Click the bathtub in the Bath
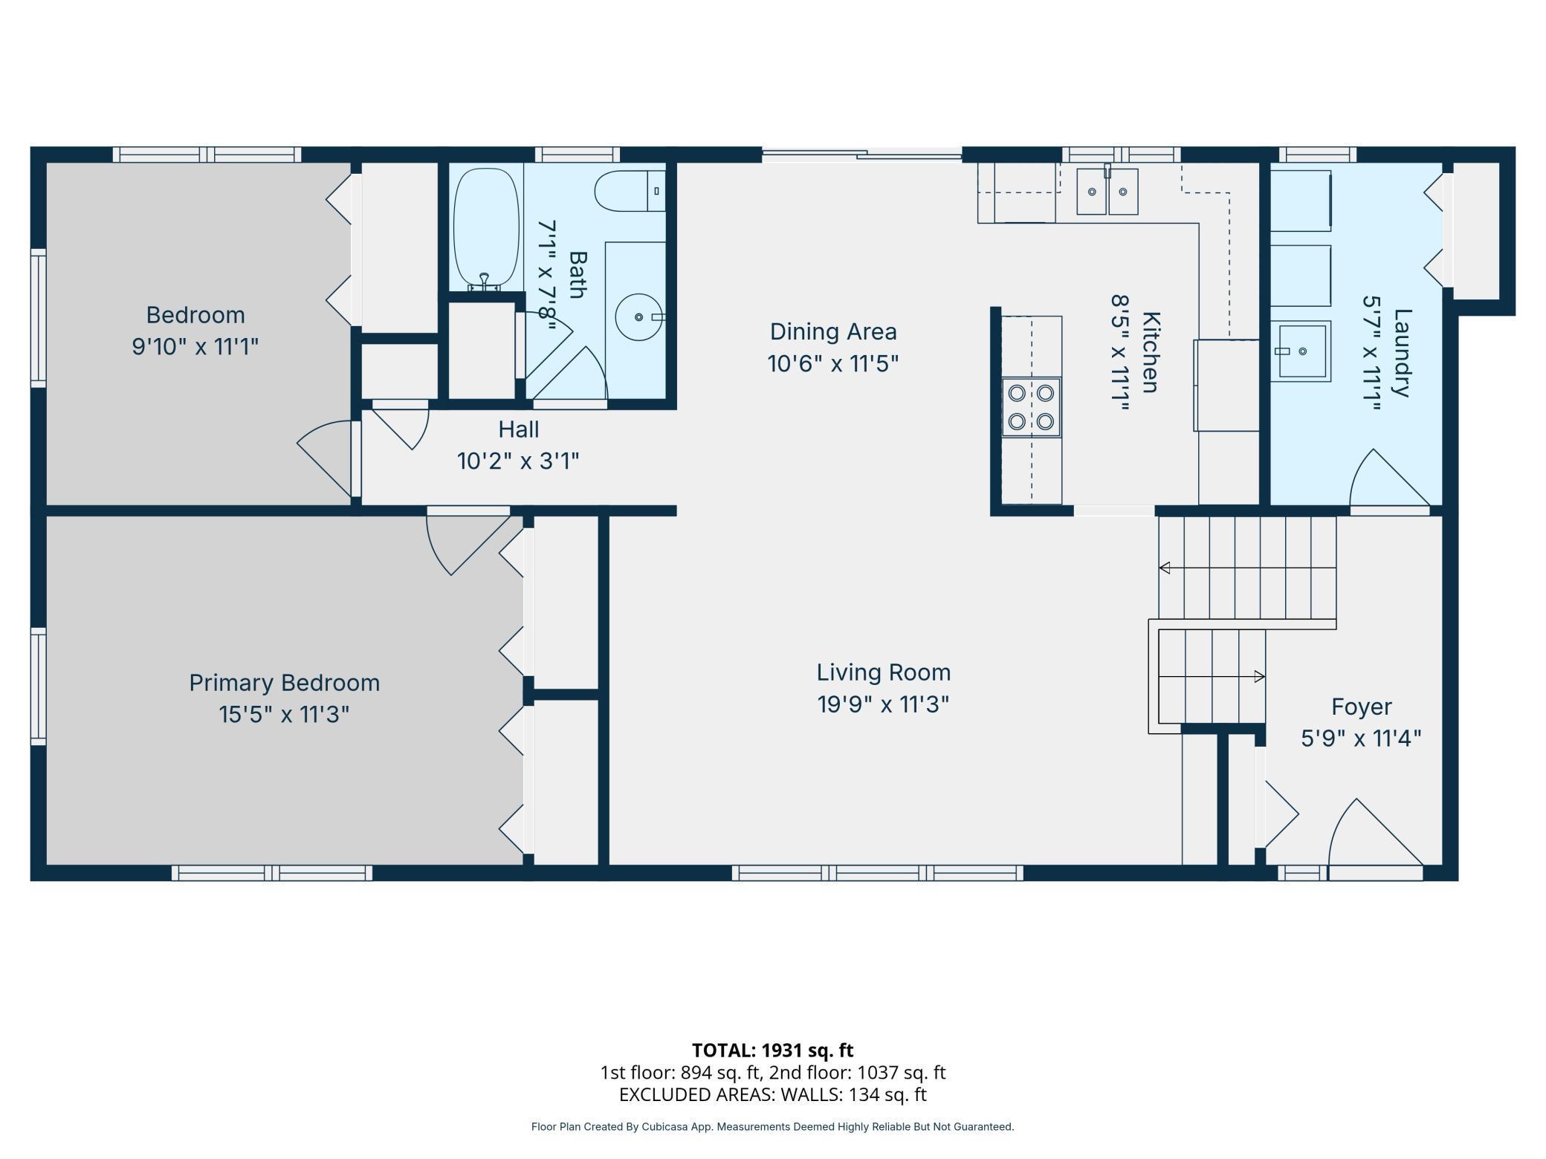pyautogui.click(x=486, y=229)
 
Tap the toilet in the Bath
pyautogui.click(x=630, y=191)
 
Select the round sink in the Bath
pyautogui.click(x=638, y=317)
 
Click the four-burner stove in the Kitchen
pyautogui.click(x=1031, y=407)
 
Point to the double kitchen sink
pyautogui.click(x=1107, y=191)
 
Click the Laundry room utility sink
pyautogui.click(x=1300, y=351)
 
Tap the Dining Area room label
pyautogui.click(x=833, y=331)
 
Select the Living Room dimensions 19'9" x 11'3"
pyautogui.click(x=883, y=704)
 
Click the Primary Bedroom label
pyautogui.click(x=284, y=683)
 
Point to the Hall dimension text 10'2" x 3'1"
pyautogui.click(x=518, y=461)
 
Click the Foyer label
pyautogui.click(x=1361, y=707)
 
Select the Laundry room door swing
pyautogui.click(x=1389, y=478)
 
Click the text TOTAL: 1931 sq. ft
pyautogui.click(x=772, y=1051)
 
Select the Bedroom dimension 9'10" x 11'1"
pyautogui.click(x=195, y=347)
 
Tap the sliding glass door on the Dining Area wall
pyautogui.click(x=862, y=155)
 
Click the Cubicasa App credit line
pyautogui.click(x=772, y=1127)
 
